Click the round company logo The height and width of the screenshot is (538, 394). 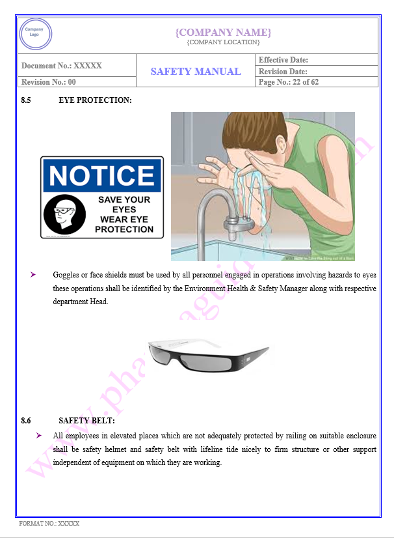click(36, 34)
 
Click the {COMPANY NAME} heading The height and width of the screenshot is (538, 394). click(223, 32)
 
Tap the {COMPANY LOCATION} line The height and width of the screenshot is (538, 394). click(223, 42)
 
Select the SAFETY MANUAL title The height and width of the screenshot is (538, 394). click(196, 72)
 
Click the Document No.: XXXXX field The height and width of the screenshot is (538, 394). click(62, 66)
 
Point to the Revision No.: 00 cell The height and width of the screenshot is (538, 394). click(49, 82)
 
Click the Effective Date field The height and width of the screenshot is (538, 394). click(283, 60)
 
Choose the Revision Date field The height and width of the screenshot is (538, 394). click(283, 72)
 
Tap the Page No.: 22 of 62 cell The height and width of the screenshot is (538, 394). click(289, 82)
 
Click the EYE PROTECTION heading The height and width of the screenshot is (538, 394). click(95, 100)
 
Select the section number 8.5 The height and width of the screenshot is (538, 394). click(27, 100)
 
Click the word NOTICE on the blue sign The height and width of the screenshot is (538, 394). click(101, 176)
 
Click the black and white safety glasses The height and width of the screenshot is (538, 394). click(208, 356)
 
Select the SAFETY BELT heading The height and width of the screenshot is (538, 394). click(86, 421)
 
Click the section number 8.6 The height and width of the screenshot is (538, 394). click(27, 421)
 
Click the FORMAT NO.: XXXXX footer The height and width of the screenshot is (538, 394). click(49, 523)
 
